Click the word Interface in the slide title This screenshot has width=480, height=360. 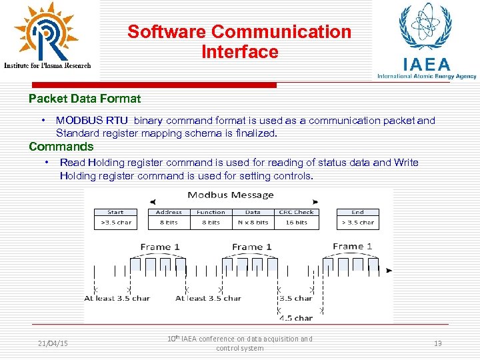click(239, 52)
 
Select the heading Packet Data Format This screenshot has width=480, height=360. click(85, 99)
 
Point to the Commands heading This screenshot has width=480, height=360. click(61, 147)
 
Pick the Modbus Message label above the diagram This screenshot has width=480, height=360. click(231, 195)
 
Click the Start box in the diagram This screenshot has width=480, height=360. click(115, 212)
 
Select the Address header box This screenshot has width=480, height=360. click(169, 212)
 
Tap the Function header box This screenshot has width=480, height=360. click(211, 212)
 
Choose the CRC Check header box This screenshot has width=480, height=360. click(297, 212)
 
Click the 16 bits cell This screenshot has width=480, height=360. click(297, 223)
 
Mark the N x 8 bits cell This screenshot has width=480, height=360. click(253, 223)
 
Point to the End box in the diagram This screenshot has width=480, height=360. click(358, 212)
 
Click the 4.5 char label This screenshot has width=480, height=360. click(295, 318)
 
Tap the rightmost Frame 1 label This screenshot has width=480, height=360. click(352, 246)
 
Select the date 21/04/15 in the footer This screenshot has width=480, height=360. click(53, 343)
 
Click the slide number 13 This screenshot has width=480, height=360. click(438, 343)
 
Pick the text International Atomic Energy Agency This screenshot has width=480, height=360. click(427, 76)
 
